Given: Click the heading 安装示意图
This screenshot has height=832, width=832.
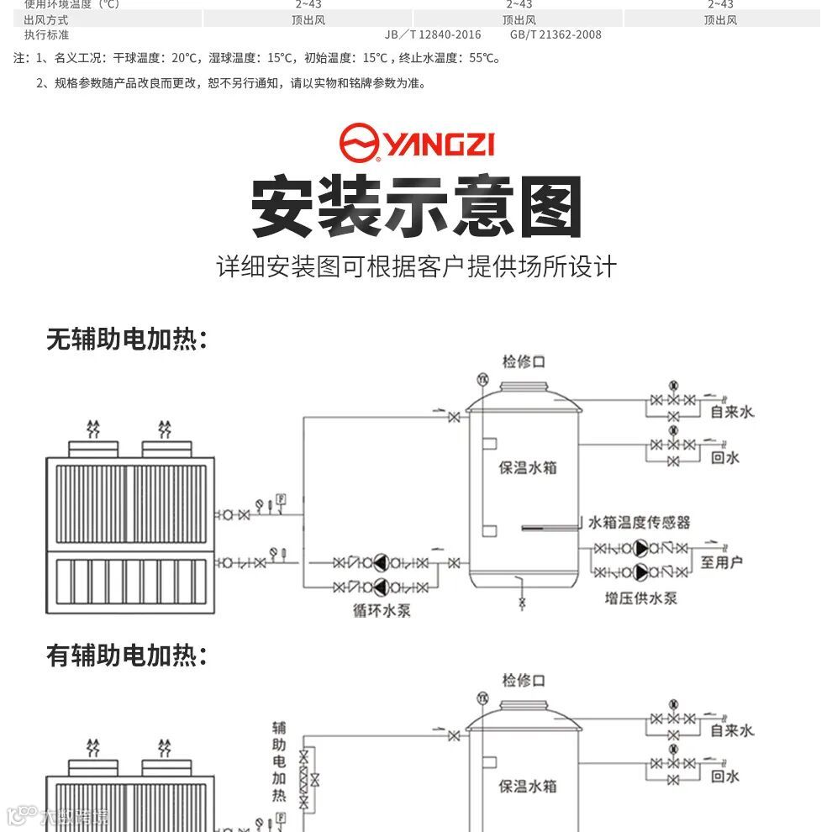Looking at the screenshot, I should pos(417,207).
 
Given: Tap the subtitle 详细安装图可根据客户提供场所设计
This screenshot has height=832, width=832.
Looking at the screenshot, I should pos(417,267).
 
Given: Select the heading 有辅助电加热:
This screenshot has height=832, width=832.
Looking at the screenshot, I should pos(127,656).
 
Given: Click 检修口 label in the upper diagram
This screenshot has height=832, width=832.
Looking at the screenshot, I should pos(524,362).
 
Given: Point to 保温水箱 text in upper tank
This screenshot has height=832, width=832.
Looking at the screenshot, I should pos(528,467).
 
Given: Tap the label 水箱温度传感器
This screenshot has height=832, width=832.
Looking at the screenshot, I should pos(640,523).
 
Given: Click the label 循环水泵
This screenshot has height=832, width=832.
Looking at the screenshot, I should pos(382,611).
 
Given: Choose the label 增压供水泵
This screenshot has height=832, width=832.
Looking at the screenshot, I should pos(641,598).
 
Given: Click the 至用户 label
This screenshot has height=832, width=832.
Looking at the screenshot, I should pos(722,561).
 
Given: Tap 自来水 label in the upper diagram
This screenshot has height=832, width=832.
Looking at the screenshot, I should pos(732,412).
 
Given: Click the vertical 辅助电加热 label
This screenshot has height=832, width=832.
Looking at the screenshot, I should pos(280,761).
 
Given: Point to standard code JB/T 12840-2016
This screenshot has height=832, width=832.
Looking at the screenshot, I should pos(433,35).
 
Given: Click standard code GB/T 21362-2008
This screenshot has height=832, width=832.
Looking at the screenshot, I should pos(556,35).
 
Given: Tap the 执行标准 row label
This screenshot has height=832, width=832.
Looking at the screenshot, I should pos(47,35).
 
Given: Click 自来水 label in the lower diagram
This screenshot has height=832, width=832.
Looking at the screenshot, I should pos(732,730).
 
